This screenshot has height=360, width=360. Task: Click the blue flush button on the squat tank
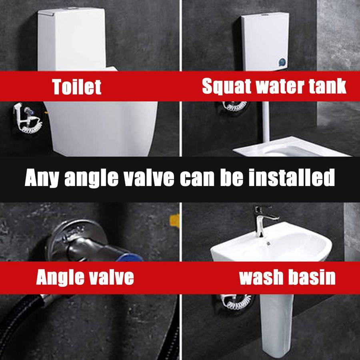282,62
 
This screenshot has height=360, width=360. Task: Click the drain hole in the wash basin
268,242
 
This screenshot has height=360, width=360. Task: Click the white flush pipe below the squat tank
266,122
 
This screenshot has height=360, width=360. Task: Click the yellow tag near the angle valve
174,220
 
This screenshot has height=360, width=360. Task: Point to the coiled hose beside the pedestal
236,302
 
